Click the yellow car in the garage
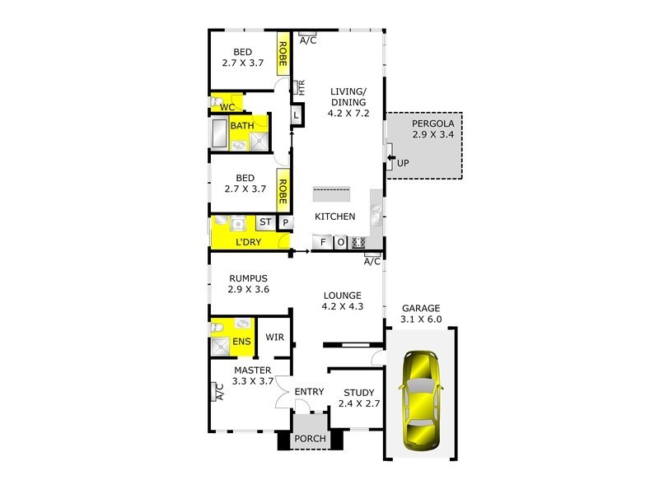(x=420, y=401)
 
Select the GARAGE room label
(x=421, y=308)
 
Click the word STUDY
(x=359, y=393)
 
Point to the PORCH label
(x=310, y=439)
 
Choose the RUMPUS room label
(x=249, y=278)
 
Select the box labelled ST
(x=265, y=222)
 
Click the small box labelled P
(x=286, y=222)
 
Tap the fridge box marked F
(x=321, y=242)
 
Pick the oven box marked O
(x=340, y=242)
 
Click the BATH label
(x=242, y=126)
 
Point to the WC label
(x=227, y=107)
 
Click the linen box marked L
(x=296, y=116)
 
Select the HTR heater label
(x=301, y=87)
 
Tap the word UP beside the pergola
(x=403, y=163)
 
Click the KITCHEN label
(x=336, y=217)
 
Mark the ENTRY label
(x=309, y=392)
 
